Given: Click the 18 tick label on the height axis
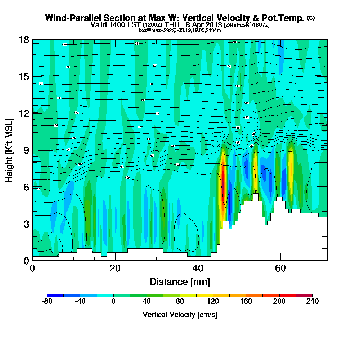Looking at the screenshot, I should click(24, 40).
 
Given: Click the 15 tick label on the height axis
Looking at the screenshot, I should click(24, 76).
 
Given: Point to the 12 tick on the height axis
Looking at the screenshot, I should click(24, 113).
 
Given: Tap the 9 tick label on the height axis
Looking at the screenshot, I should click(26, 150).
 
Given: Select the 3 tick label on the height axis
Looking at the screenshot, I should click(26, 224).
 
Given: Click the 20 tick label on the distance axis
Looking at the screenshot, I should click(115, 268).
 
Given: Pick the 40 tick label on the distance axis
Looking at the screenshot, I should click(198, 268).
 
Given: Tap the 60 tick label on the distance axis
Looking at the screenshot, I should click(280, 268).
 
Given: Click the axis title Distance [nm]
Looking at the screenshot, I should click(180, 282).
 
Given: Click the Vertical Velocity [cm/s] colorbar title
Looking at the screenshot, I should click(180, 315).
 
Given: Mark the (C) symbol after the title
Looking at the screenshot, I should click(311, 18).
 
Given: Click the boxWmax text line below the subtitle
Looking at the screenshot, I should click(180, 30).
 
